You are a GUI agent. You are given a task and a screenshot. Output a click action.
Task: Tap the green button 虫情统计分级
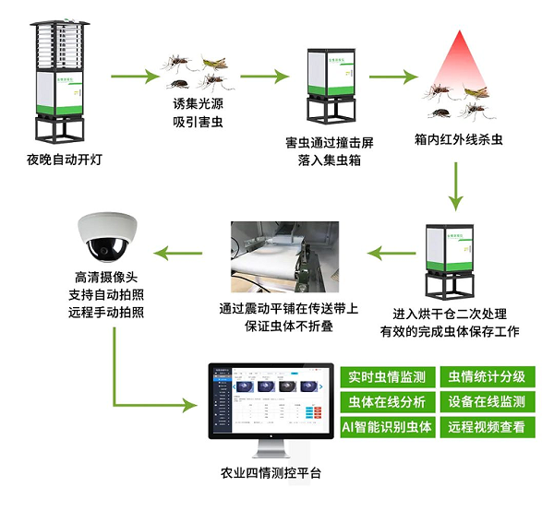point(487,376)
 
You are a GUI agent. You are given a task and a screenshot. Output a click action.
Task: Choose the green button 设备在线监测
point(487,401)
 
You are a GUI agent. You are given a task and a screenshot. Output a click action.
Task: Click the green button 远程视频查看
point(487,426)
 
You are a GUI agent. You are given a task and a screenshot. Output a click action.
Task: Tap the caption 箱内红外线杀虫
point(459,139)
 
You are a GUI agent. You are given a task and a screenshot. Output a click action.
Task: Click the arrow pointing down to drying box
point(454,184)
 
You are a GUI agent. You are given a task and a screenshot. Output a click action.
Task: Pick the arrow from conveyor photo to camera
point(180,250)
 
